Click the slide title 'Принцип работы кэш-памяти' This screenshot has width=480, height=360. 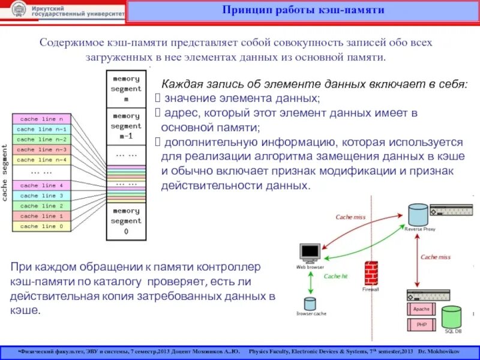tap(303, 11)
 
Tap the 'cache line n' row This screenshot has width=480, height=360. tap(41, 119)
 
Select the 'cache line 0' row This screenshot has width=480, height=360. tap(41, 226)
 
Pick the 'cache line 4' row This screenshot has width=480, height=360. tap(41, 185)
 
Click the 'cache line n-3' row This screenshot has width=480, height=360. tap(41, 149)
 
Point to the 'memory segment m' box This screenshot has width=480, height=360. tap(126, 89)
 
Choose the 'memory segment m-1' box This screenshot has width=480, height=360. tap(126, 126)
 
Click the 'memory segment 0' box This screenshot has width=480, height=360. tap(126, 221)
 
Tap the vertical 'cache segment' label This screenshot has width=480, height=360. tap(5, 172)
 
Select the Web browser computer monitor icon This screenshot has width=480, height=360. tap(310, 253)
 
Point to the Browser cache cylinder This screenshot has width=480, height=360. tap(310, 304)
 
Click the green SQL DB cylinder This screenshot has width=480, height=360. tap(452, 317)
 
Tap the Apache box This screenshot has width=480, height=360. tap(422, 309)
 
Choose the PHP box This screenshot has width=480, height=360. tap(422, 325)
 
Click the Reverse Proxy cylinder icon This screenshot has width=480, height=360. tap(417, 214)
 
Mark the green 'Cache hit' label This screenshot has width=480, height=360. tap(335, 277)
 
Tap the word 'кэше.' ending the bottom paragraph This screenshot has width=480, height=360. tap(25, 310)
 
